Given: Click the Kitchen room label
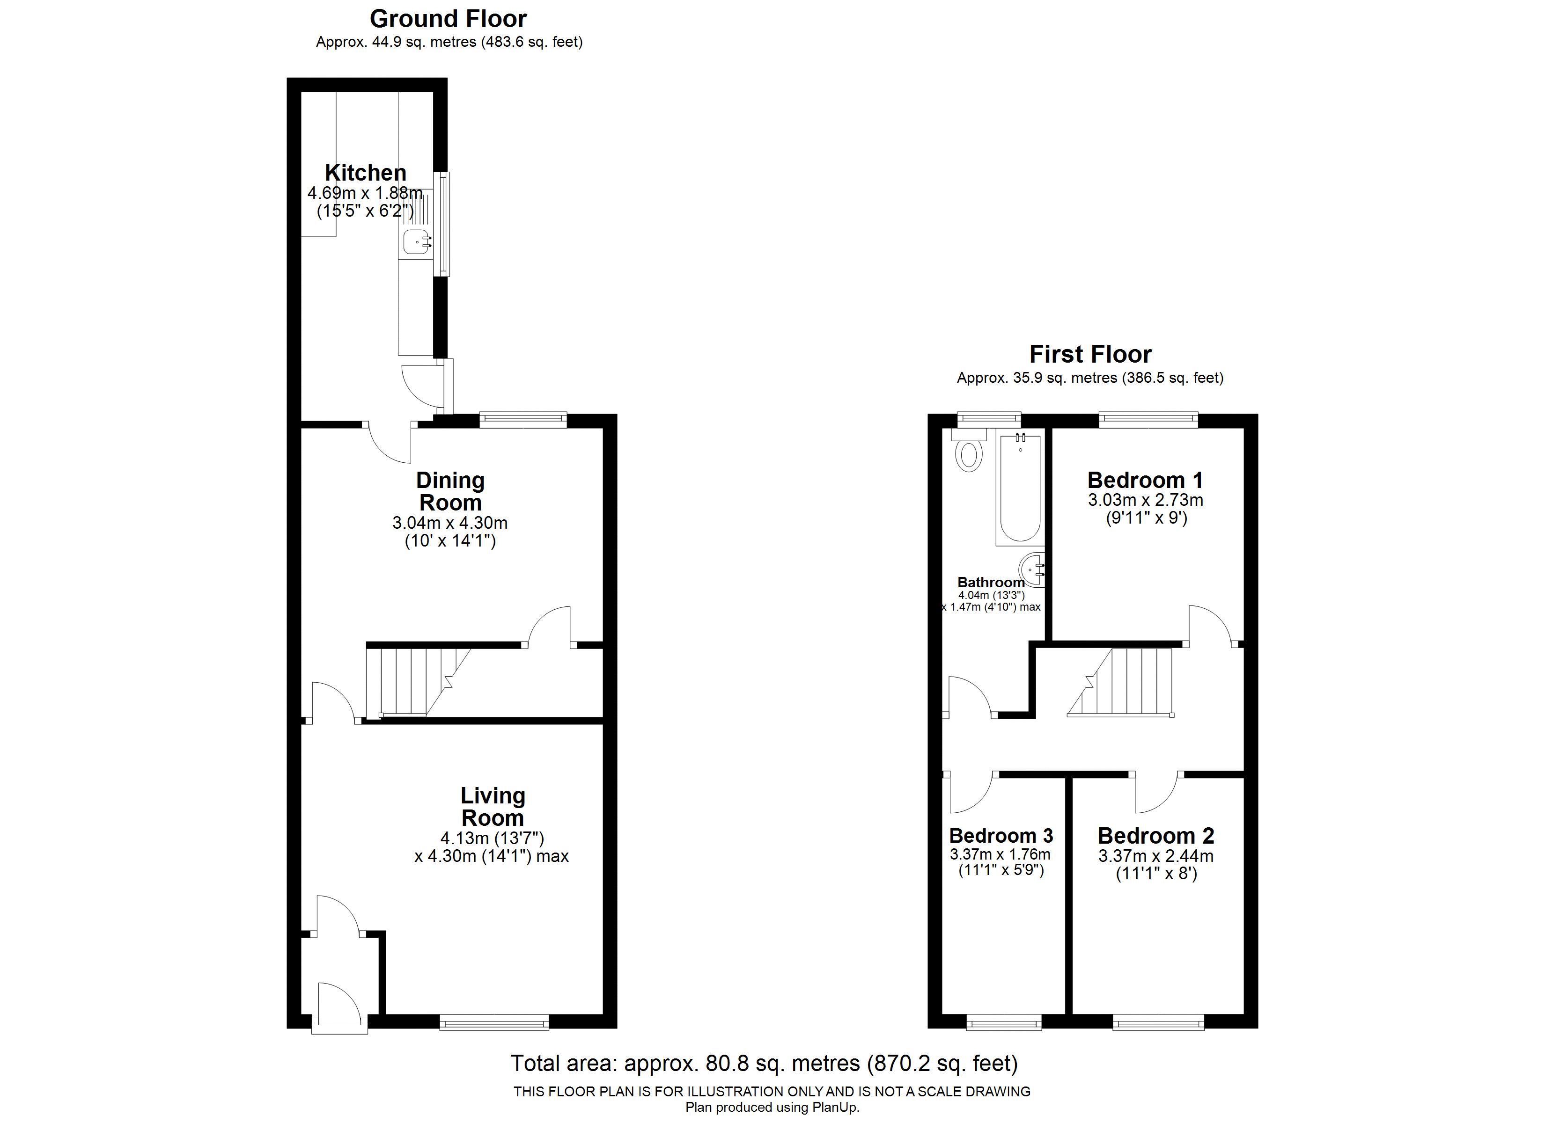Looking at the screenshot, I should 365,173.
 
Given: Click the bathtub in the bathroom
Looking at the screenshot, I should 1020,488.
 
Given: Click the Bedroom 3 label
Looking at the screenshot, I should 1000,836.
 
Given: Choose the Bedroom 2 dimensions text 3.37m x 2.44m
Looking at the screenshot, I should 1155,856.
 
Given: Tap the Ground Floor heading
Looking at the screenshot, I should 448,18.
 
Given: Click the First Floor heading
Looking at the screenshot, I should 1090,354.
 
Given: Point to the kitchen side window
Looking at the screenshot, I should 444,225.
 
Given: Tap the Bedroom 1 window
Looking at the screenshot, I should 1148,420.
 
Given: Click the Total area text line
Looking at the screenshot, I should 764,1063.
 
